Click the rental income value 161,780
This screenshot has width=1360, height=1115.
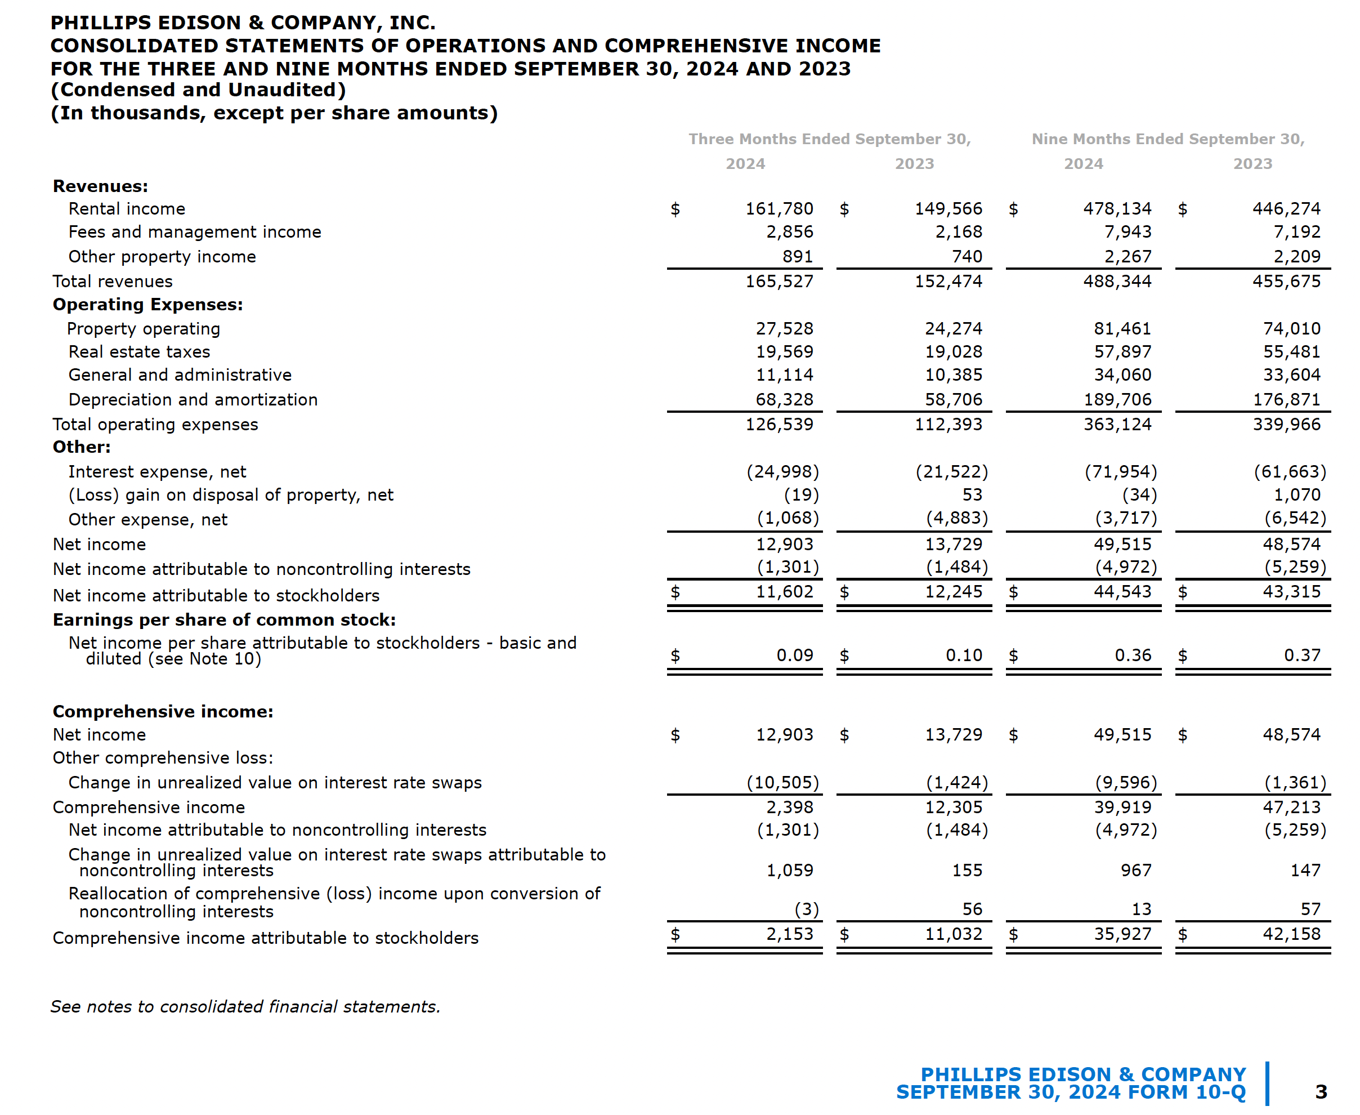coord(779,209)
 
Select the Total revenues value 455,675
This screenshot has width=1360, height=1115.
coord(1286,282)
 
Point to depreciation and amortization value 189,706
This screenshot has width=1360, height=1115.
coord(1117,399)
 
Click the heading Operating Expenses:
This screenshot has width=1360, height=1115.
coord(147,305)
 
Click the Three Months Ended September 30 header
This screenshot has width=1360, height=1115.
coord(829,140)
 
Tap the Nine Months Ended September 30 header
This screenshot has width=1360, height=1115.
coord(1167,140)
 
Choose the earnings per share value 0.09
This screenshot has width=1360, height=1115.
coord(794,655)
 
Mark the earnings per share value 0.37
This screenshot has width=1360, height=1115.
coord(1301,655)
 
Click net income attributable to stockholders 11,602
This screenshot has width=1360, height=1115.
coord(784,591)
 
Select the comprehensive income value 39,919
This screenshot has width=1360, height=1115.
coord(1122,808)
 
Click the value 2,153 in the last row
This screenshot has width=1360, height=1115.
coord(789,934)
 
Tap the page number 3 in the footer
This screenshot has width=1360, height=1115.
coord(1320,1092)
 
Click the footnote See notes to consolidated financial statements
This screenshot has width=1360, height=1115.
coord(245,1006)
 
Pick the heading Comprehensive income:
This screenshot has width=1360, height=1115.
coord(163,712)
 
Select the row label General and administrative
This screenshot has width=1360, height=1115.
coord(180,375)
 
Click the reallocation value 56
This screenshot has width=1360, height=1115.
coord(972,909)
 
